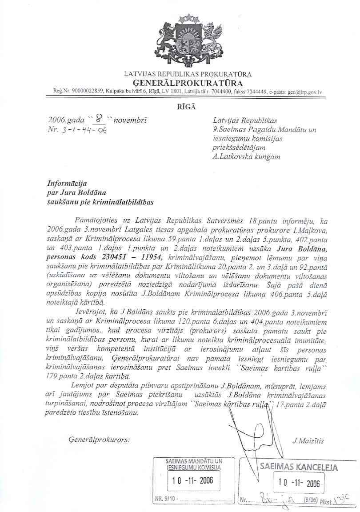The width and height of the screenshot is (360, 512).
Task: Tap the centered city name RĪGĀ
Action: pyautogui.click(x=187, y=107)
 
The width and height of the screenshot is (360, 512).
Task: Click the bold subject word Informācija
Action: pyautogui.click(x=68, y=183)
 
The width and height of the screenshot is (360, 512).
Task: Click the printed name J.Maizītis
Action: pyautogui.click(x=309, y=441)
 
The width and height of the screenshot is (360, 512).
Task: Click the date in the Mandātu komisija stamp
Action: pyautogui.click(x=192, y=480)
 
